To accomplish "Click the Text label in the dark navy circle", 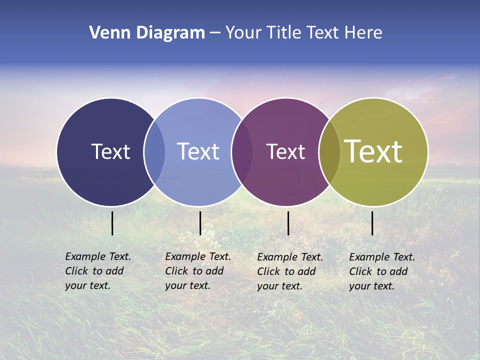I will pyautogui.click(x=110, y=151).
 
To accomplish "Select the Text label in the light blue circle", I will pyautogui.click(x=198, y=151).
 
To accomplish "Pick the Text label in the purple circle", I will pyautogui.click(x=285, y=151).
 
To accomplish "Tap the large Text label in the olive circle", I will pyautogui.click(x=373, y=151).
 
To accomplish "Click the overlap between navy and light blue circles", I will pyautogui.click(x=154, y=152).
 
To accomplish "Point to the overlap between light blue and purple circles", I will pyautogui.click(x=242, y=152).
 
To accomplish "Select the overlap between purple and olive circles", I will pyautogui.click(x=329, y=152).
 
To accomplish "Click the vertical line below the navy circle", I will pyautogui.click(x=112, y=223).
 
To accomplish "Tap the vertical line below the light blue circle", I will pyautogui.click(x=200, y=223).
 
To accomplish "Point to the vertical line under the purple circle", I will pyautogui.click(x=288, y=223).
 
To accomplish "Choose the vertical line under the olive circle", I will pyautogui.click(x=372, y=223).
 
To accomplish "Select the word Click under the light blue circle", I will pyautogui.click(x=176, y=271).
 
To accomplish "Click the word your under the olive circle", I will pyautogui.click(x=359, y=286).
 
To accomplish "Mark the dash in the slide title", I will pyautogui.click(x=215, y=33).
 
